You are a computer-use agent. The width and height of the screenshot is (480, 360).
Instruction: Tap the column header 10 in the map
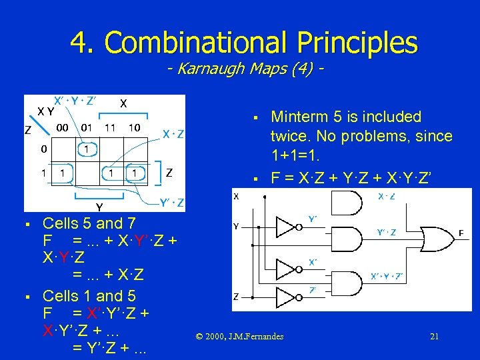[x=134, y=127]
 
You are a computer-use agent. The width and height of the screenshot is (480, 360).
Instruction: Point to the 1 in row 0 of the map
[x=87, y=149]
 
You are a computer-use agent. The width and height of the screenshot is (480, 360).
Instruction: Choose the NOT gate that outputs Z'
[x=286, y=295]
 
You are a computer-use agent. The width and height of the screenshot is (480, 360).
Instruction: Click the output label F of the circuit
[x=461, y=233]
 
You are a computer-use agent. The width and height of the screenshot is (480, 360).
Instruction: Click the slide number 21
[x=434, y=336]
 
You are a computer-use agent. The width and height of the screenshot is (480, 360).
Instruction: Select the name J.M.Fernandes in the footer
[x=255, y=336]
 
